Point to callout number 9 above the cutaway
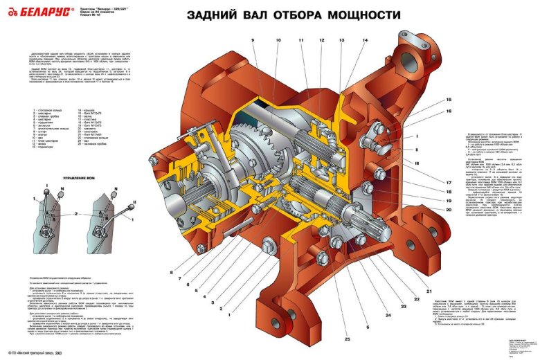pos(253,41)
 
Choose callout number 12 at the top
pos(322,41)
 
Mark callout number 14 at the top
pos(365,41)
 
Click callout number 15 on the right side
pos(448,100)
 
